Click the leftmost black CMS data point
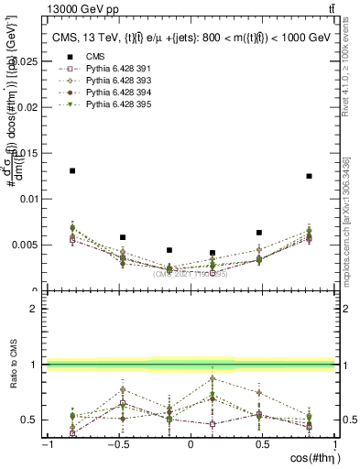[72, 170]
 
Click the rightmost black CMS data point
[310, 176]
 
